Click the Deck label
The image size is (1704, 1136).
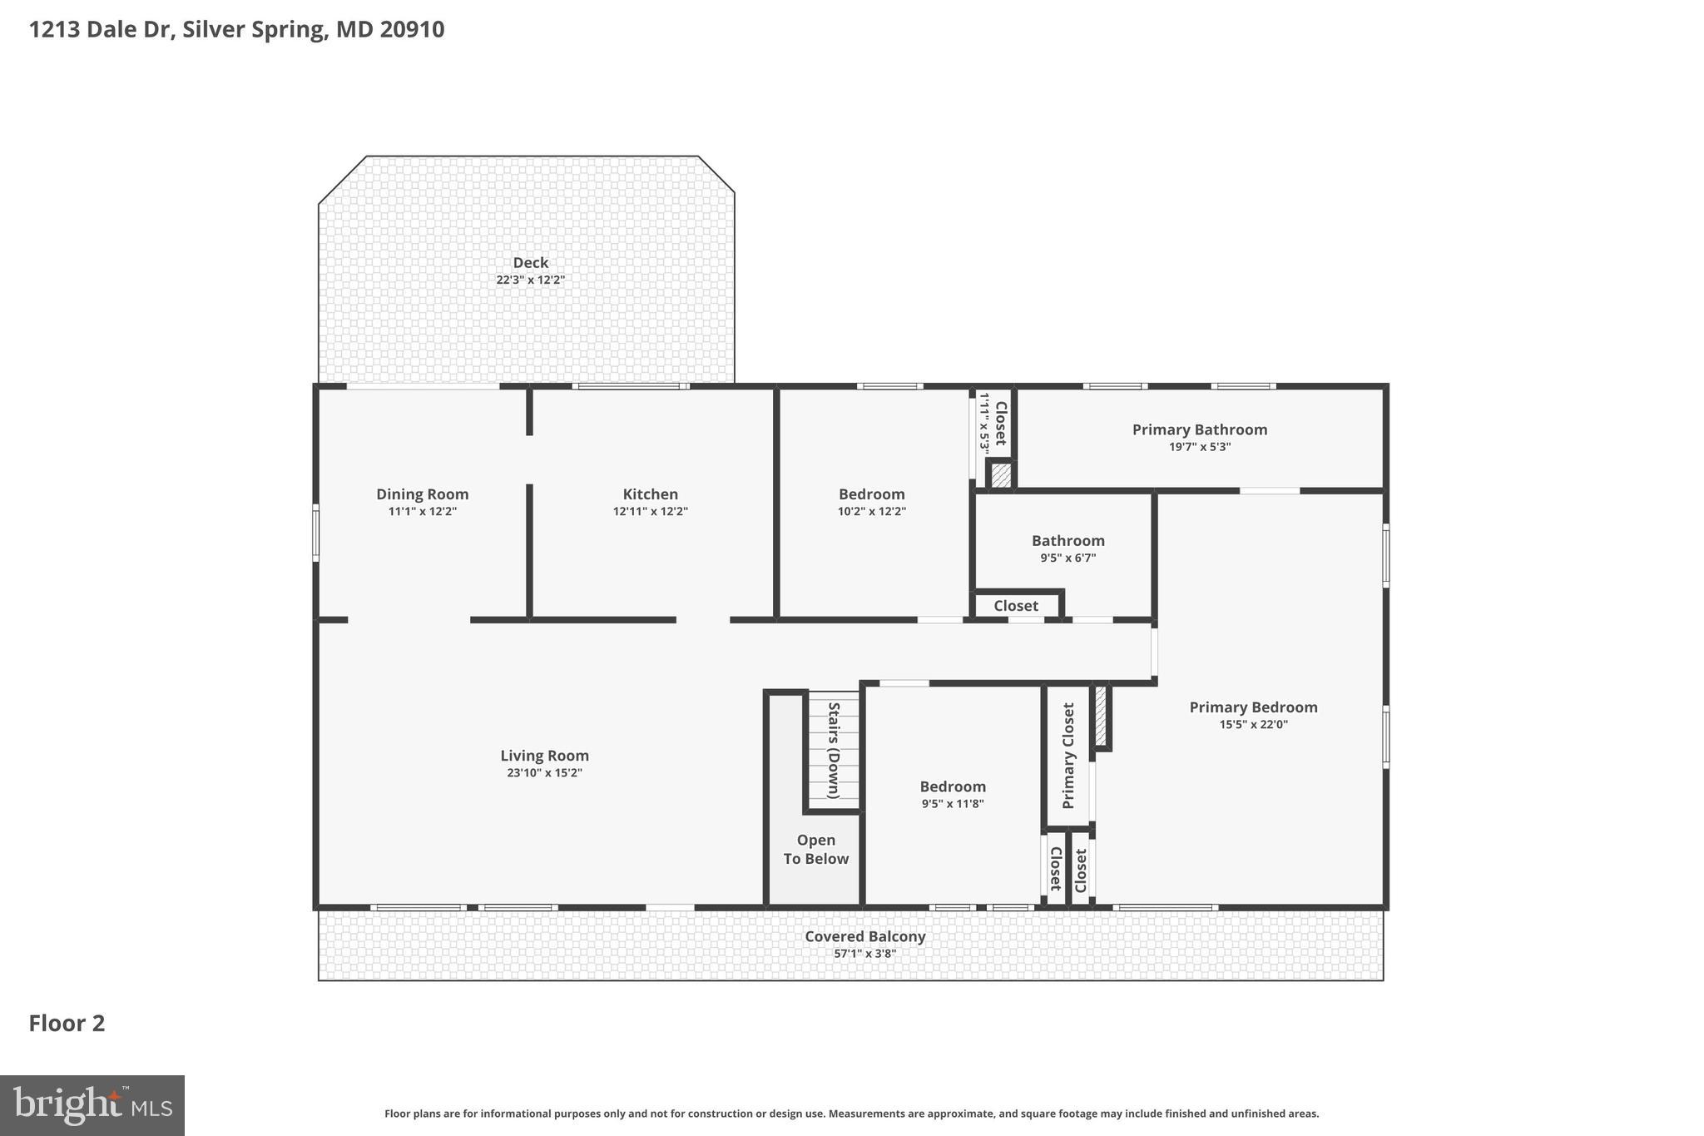[x=530, y=263]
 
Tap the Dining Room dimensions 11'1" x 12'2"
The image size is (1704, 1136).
[x=422, y=512]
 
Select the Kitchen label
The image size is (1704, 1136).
[x=650, y=494]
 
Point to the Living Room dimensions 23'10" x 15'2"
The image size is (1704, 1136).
[x=544, y=773]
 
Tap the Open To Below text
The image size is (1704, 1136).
[x=815, y=850]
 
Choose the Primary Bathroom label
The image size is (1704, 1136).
[x=1199, y=429]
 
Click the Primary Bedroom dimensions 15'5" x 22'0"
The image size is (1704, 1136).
[x=1253, y=725]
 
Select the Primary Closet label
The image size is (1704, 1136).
[x=1068, y=756]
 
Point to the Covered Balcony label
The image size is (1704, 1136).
[x=864, y=936]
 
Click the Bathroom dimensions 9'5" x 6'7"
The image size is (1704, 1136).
[x=1067, y=558]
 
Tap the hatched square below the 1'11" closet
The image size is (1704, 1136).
[x=1001, y=475]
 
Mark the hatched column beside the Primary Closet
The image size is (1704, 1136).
[x=1100, y=716]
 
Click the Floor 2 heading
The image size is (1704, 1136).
[x=67, y=1024]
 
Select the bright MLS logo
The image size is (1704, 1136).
[x=92, y=1105]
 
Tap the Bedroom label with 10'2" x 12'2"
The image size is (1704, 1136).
[x=871, y=494]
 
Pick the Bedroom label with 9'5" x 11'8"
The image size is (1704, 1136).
[x=952, y=786]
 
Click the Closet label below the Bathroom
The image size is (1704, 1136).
[x=1015, y=606]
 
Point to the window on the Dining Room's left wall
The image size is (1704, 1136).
[x=315, y=533]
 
